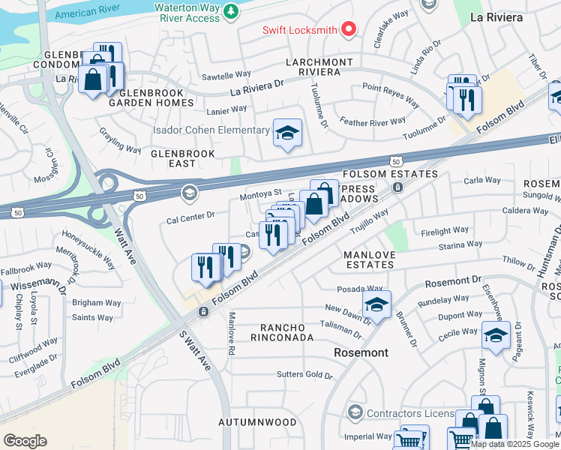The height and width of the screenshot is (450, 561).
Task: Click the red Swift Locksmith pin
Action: click(348, 30)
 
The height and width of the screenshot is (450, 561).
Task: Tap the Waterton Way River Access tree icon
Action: click(232, 11)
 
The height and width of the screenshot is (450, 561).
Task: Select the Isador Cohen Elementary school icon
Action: click(286, 133)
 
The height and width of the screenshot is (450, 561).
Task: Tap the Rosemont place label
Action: click(361, 352)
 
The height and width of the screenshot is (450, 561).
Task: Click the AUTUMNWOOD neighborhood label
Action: click(257, 422)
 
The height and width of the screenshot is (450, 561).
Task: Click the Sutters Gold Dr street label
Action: click(304, 374)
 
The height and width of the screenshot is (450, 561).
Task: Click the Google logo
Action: click(25, 440)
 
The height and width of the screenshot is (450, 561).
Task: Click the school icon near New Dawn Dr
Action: click(376, 304)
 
